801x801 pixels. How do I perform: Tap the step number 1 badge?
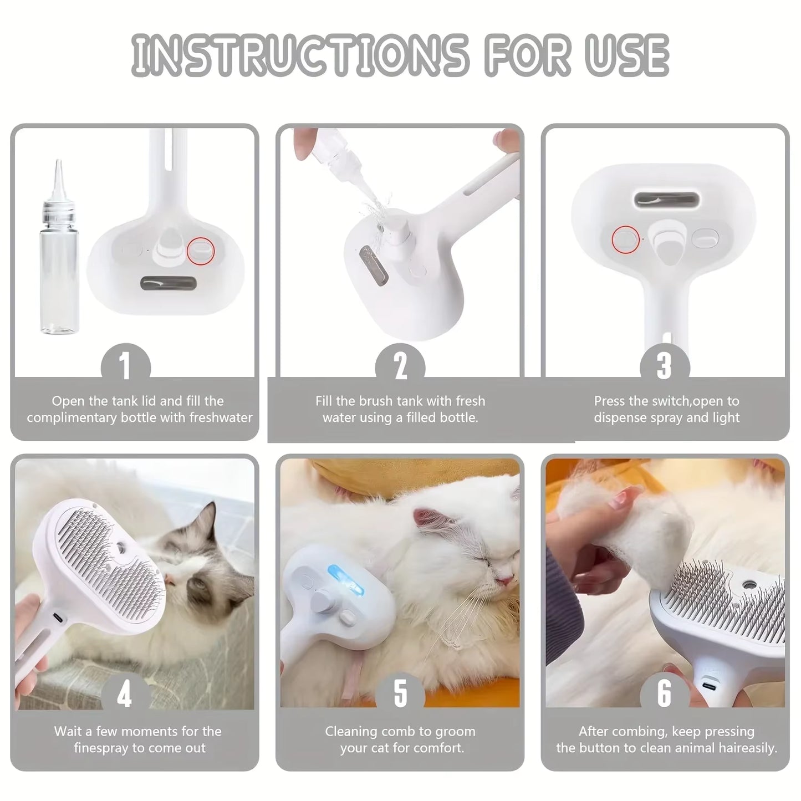[x=125, y=365]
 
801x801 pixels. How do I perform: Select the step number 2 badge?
[x=400, y=365]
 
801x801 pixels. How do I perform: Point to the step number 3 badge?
[x=664, y=365]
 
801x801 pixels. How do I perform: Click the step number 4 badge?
[x=125, y=694]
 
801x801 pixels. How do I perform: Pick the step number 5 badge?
[x=400, y=694]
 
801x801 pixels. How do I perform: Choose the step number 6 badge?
[x=664, y=694]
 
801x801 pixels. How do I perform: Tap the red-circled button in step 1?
[x=200, y=250]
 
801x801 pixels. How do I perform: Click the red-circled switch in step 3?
[x=625, y=239]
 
